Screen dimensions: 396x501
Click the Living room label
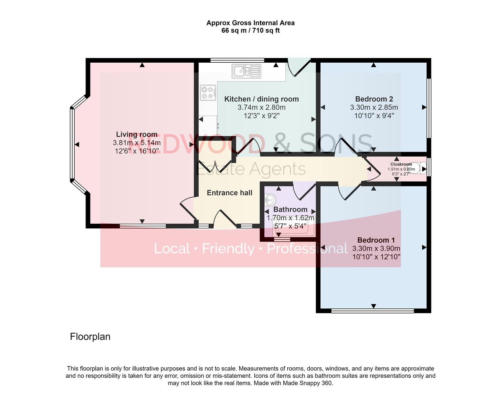137,135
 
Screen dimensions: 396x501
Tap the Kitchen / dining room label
261,99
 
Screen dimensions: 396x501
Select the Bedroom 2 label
374,99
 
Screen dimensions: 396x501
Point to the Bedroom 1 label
376,240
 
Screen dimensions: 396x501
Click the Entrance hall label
229,193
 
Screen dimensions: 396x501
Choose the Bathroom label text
290,209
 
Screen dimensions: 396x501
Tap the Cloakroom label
401,164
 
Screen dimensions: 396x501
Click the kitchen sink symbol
246,71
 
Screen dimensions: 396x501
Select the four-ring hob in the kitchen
208,92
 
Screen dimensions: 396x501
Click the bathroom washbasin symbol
270,201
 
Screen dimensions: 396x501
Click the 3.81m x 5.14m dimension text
137,143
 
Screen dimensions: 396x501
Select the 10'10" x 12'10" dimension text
376,257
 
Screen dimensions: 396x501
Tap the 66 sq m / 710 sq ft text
250,30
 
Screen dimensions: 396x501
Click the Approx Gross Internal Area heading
250,23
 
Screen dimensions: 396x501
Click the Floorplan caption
90,337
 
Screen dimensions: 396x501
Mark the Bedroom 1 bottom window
372,311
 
